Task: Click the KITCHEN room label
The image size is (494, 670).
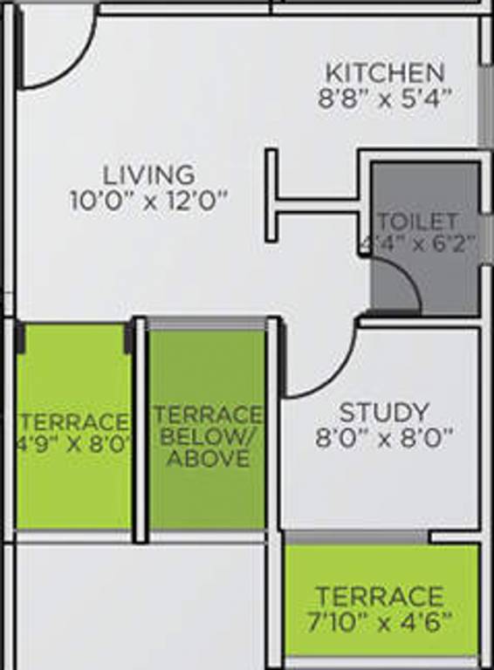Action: pos(385,72)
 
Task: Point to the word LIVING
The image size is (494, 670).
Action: pos(148,174)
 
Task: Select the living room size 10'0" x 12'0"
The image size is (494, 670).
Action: pos(148,200)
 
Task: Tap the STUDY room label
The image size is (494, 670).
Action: pos(384,412)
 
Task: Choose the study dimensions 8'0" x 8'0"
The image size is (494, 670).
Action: pos(385,437)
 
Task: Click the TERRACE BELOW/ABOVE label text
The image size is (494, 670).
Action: pos(208,435)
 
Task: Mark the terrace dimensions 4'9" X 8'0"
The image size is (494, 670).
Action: pos(73,441)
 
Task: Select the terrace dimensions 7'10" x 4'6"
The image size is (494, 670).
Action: pos(379,622)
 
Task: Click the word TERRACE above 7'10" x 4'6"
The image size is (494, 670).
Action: pos(379,598)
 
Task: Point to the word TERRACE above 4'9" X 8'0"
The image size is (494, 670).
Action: pos(73,419)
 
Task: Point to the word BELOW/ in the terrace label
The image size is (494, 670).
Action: pos(208,436)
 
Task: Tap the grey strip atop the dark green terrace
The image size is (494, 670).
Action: pos(207,324)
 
